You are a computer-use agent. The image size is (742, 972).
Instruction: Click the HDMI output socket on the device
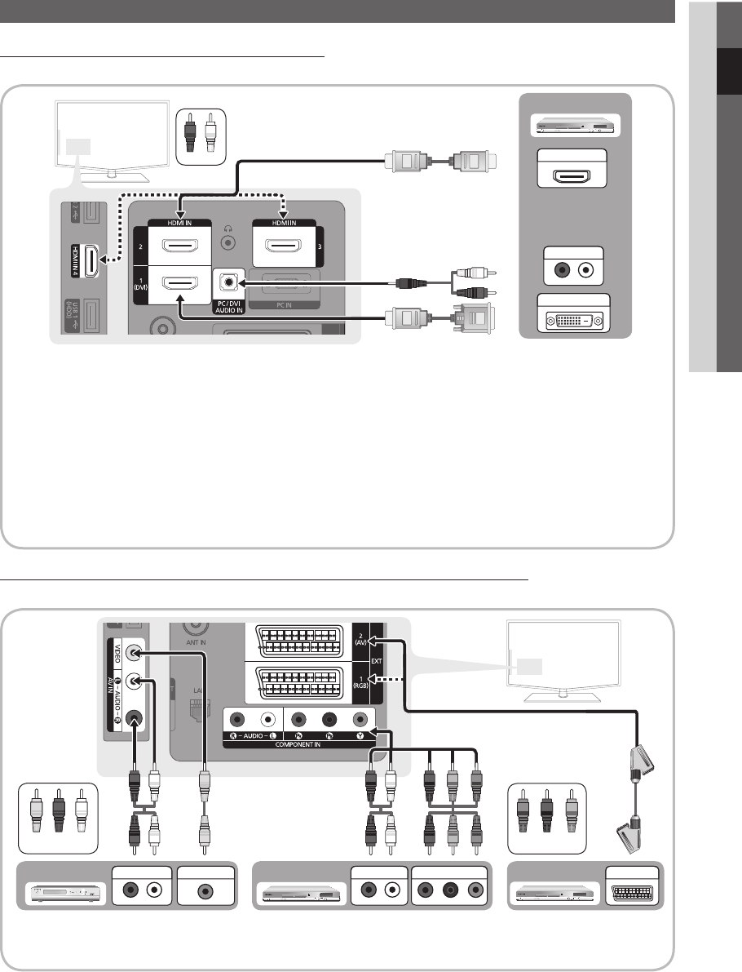point(575,178)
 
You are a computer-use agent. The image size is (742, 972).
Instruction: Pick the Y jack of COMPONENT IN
point(359,721)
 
